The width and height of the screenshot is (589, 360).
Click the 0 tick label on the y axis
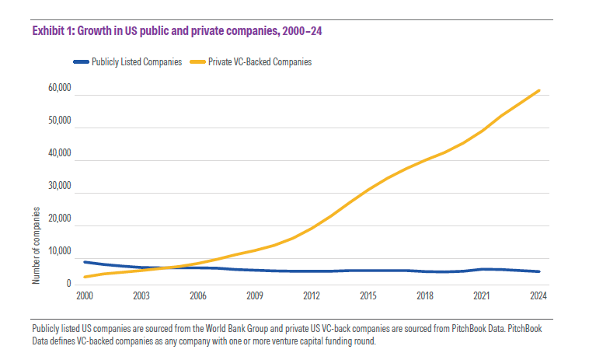coord(69,284)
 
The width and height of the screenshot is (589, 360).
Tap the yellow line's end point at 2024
coord(539,90)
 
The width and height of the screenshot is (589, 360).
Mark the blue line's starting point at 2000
coord(84,262)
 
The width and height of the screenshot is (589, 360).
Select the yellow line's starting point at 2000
coord(84,277)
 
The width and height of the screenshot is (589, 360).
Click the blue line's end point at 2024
coord(539,271)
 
